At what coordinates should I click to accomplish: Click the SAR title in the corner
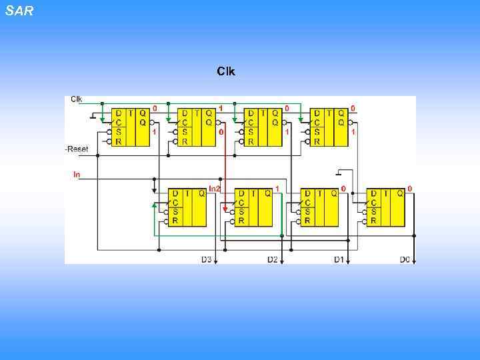click(19, 11)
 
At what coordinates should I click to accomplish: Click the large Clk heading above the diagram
click(225, 71)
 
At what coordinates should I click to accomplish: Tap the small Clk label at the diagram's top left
click(77, 99)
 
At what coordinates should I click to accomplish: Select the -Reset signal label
click(77, 149)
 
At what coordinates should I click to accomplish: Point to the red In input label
click(77, 175)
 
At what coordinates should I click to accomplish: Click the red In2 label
click(215, 189)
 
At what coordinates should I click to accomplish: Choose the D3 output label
click(206, 259)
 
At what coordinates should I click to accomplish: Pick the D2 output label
click(272, 259)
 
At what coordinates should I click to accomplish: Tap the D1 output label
click(339, 259)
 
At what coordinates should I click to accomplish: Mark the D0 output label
click(405, 259)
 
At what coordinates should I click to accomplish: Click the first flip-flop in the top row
click(131, 127)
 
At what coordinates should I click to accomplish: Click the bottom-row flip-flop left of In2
click(187, 207)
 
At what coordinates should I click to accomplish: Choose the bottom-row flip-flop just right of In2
click(254, 207)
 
